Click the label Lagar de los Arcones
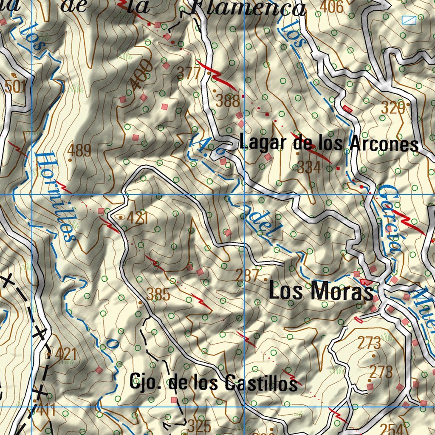click(328, 143)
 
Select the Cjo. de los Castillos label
click(213, 383)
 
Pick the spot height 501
click(16, 87)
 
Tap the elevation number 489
click(79, 150)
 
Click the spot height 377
click(188, 73)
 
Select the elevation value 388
click(228, 101)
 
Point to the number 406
click(331, 7)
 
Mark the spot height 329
click(393, 108)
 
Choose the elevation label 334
click(309, 168)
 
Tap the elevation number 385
click(158, 294)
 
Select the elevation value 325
click(199, 425)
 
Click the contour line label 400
click(142, 75)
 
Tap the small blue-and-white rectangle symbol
click(409, 19)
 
